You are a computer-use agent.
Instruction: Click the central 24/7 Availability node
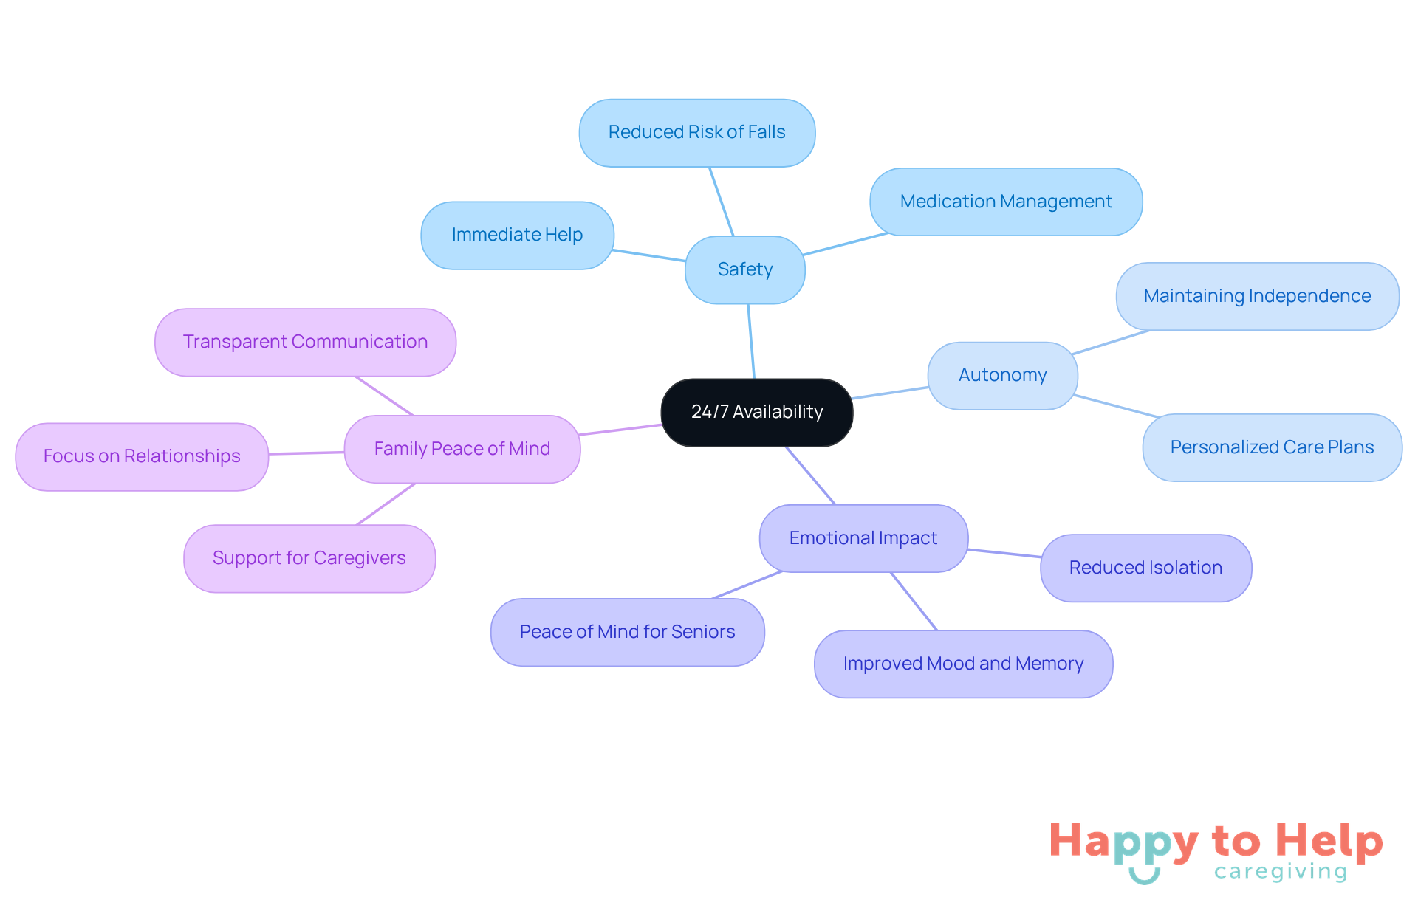pyautogui.click(x=757, y=412)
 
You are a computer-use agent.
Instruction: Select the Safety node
pyautogui.click(x=745, y=269)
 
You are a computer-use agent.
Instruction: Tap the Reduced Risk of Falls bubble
pyautogui.click(x=696, y=133)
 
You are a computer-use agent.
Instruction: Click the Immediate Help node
pyautogui.click(x=517, y=235)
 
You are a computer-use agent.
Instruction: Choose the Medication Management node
pyautogui.click(x=1006, y=202)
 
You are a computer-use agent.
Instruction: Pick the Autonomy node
pyautogui.click(x=1002, y=375)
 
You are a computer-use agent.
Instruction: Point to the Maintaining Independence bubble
pyautogui.click(x=1257, y=296)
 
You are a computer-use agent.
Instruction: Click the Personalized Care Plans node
pyautogui.click(x=1272, y=447)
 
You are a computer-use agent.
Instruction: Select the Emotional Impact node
pyautogui.click(x=863, y=538)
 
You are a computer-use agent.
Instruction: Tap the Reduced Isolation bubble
pyautogui.click(x=1145, y=568)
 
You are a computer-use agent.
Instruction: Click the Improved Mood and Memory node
pyautogui.click(x=963, y=664)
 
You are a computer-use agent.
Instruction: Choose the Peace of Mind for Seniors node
pyautogui.click(x=627, y=632)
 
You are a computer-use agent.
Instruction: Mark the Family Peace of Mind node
pyautogui.click(x=462, y=449)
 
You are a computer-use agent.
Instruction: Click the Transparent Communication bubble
pyautogui.click(x=305, y=342)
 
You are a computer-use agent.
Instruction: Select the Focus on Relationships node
pyautogui.click(x=142, y=456)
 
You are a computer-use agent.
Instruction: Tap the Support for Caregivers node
pyautogui.click(x=309, y=558)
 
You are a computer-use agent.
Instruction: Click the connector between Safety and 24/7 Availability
pyautogui.click(x=751, y=341)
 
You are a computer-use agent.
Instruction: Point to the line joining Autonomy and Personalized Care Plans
pyautogui.click(x=1115, y=406)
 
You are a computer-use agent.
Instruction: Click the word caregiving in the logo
pyautogui.click(x=1281, y=872)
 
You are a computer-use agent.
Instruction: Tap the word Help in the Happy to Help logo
pyautogui.click(x=1329, y=841)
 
